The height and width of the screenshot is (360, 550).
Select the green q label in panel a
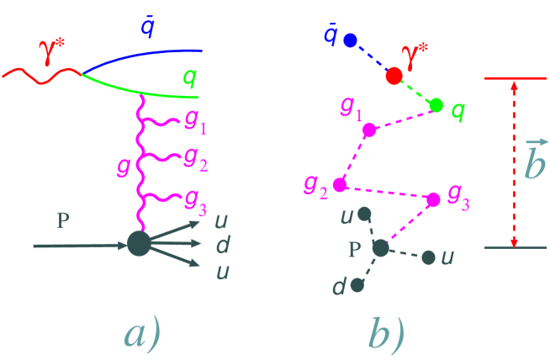190,78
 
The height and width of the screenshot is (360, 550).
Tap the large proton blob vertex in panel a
138,244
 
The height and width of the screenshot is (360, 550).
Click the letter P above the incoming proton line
62,221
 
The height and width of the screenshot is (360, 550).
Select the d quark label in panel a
222,246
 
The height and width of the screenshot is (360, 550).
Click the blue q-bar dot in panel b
351,40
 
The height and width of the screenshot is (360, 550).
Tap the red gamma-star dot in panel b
394,77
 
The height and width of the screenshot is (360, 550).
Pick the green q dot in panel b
436,105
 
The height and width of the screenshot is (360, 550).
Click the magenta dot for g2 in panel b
339,184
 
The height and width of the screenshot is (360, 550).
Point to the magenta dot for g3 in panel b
433,199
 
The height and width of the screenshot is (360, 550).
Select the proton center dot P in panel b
380,248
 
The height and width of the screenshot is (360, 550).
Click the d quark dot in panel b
357,285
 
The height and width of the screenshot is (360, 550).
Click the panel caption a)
141,334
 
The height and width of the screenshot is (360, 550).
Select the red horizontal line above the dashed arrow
515,78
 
